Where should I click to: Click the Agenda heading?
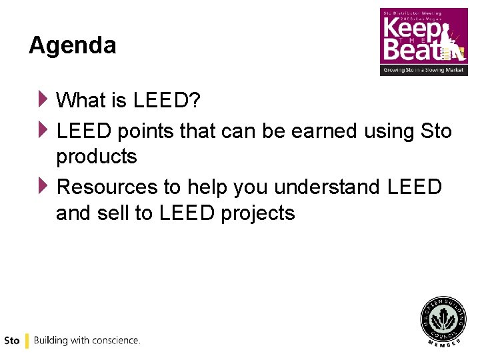point(72,45)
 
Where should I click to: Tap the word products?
point(97,157)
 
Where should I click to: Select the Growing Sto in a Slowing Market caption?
point(423,69)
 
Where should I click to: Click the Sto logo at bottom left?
point(12,341)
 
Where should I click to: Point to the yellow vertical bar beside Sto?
point(27,341)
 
